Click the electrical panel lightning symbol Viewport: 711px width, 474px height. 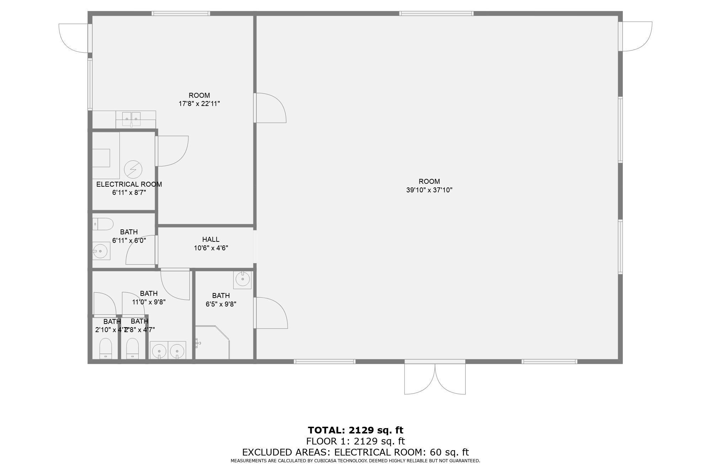point(133,170)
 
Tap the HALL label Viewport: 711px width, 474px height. point(211,239)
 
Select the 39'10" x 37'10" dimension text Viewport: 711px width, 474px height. point(429,190)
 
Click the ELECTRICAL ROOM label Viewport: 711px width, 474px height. point(129,184)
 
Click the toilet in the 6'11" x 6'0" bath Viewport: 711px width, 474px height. point(103,224)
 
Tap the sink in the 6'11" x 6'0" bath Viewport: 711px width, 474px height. point(101,251)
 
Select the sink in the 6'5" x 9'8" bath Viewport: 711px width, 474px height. point(242,279)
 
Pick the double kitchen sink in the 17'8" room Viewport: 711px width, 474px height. point(132,118)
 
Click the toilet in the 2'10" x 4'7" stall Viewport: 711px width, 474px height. point(106,348)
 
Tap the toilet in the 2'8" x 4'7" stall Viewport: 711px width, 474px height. point(133,348)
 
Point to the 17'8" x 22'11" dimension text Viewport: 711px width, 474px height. point(199,104)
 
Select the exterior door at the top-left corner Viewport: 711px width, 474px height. point(74,38)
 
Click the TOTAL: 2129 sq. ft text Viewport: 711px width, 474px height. point(355,430)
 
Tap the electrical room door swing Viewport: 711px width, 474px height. point(172,151)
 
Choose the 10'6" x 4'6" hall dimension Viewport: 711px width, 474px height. point(211,248)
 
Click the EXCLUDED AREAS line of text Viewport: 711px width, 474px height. point(355,452)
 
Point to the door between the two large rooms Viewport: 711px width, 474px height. point(270,108)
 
